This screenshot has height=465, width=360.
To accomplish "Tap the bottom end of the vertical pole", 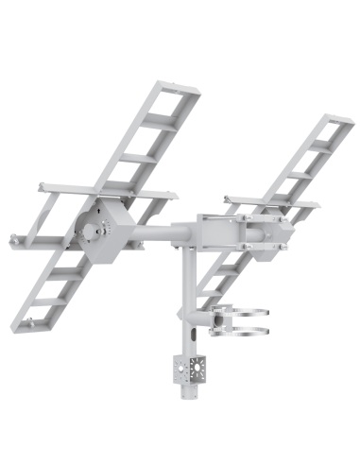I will [x=188, y=394].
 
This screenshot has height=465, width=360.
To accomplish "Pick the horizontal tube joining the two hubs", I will [x=161, y=232].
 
